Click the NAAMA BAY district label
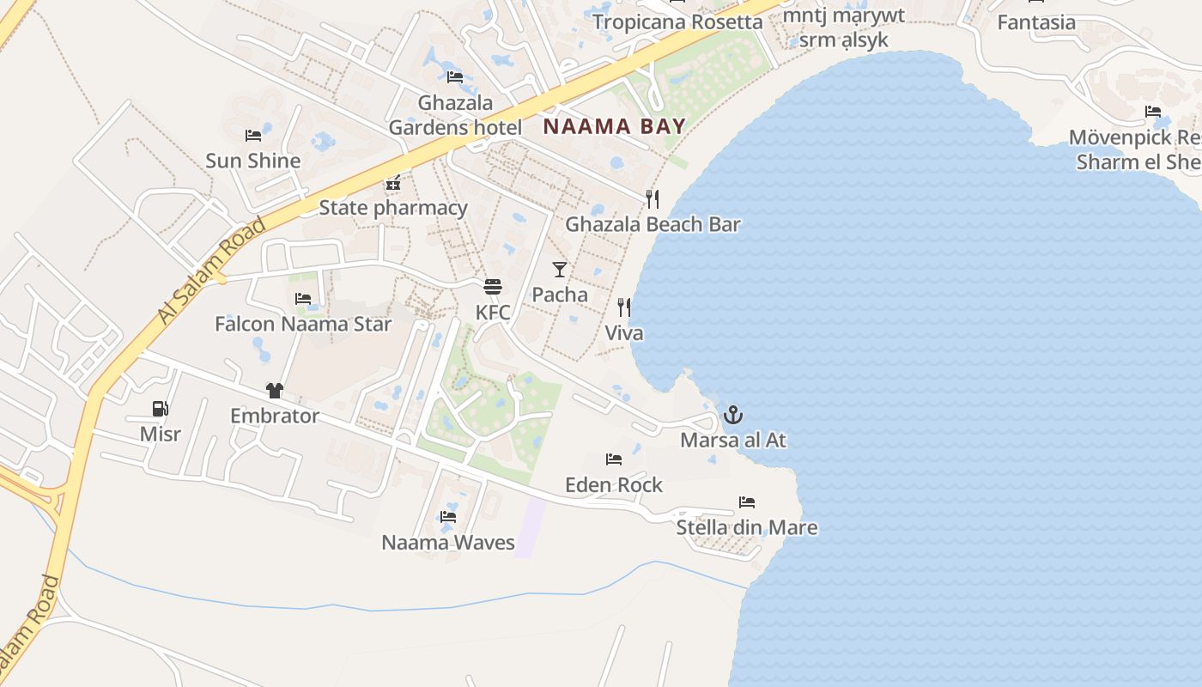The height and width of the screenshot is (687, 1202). pyautogui.click(x=615, y=127)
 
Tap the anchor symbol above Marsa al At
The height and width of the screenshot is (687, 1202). pyautogui.click(x=732, y=416)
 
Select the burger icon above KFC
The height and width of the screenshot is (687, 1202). pyautogui.click(x=493, y=287)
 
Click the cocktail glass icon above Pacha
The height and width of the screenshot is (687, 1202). pyautogui.click(x=560, y=270)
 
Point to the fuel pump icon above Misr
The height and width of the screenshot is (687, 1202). pyautogui.click(x=160, y=409)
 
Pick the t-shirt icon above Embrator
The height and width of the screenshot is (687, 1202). pyautogui.click(x=275, y=391)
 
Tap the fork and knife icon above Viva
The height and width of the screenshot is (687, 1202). pyautogui.click(x=624, y=307)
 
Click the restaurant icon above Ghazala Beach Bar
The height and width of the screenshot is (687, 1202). pyautogui.click(x=653, y=199)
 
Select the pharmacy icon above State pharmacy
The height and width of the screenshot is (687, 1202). pyautogui.click(x=393, y=183)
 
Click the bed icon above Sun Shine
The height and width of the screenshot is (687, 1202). pyautogui.click(x=252, y=136)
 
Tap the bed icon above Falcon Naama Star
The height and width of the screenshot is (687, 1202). pyautogui.click(x=303, y=299)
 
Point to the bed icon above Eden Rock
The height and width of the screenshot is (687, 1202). pyautogui.click(x=614, y=459)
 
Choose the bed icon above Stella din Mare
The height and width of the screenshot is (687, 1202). pyautogui.click(x=747, y=502)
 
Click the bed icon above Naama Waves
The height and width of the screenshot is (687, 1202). pyautogui.click(x=448, y=517)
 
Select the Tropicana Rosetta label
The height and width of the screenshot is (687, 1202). pyautogui.click(x=677, y=21)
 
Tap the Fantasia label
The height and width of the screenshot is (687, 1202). pyautogui.click(x=1036, y=22)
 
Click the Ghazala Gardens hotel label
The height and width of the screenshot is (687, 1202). pyautogui.click(x=455, y=115)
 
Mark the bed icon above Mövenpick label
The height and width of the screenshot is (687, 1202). pyautogui.click(x=1153, y=112)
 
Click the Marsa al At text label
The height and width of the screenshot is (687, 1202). pyautogui.click(x=732, y=441)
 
